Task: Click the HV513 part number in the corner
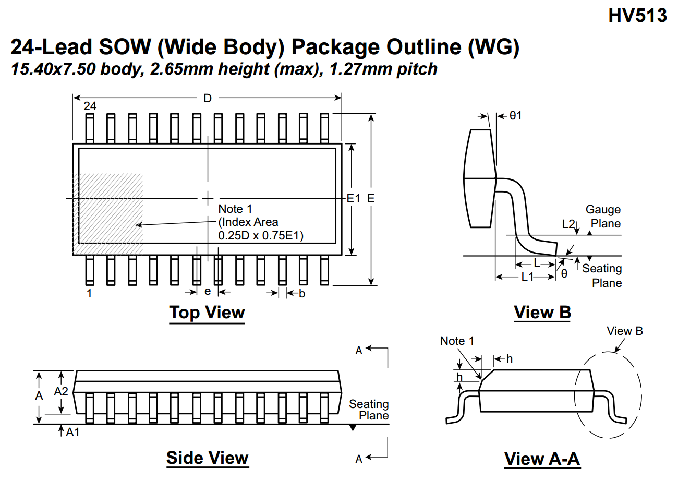click(x=637, y=16)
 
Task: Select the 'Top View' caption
click(x=207, y=313)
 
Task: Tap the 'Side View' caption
click(x=207, y=458)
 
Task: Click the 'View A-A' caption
click(x=542, y=459)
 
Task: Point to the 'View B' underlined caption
click(x=542, y=313)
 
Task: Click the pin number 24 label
click(x=90, y=106)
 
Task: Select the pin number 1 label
click(x=89, y=293)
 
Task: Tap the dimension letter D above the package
click(x=208, y=98)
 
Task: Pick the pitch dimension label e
click(x=208, y=291)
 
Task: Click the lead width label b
click(x=302, y=294)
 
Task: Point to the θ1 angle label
click(x=515, y=116)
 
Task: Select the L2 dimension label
click(x=568, y=224)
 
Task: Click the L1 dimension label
click(x=528, y=277)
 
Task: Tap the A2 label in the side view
click(x=62, y=391)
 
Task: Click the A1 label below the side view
click(x=72, y=432)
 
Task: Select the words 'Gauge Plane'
click(x=603, y=217)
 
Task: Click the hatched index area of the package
click(x=110, y=209)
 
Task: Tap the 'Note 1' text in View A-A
click(x=457, y=341)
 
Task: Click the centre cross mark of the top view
click(x=208, y=198)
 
